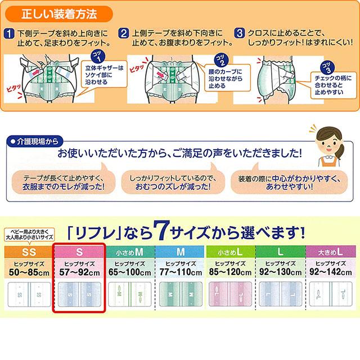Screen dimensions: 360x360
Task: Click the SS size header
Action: (x=26, y=250)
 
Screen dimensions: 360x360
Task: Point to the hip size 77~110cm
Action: (x=179, y=271)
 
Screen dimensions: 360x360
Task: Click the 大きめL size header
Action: (x=330, y=250)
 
